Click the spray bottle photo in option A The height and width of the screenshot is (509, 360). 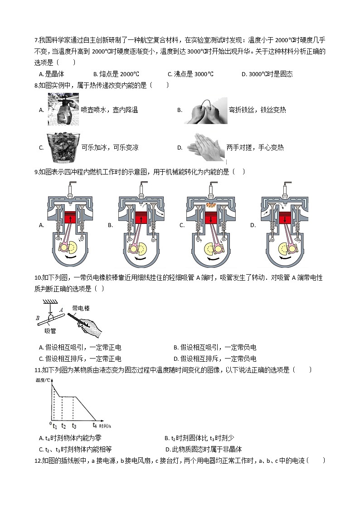(x=63, y=109)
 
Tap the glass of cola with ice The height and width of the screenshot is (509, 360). (x=63, y=147)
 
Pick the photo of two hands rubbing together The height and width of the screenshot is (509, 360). (x=207, y=147)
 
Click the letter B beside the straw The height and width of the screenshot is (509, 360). (x=38, y=318)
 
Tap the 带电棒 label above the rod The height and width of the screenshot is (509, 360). (x=81, y=309)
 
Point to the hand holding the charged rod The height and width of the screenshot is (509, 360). (x=91, y=325)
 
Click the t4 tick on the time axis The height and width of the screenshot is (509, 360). (x=95, y=425)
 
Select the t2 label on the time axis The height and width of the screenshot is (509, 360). (x=64, y=426)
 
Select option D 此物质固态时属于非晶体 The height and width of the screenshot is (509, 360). (x=204, y=449)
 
